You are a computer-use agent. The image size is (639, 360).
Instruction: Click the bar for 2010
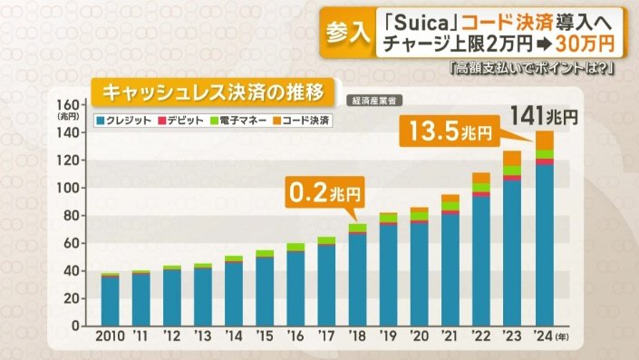[110, 299]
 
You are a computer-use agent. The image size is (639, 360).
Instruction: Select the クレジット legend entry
[125, 120]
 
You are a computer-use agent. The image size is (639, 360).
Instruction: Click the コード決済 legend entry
[299, 120]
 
